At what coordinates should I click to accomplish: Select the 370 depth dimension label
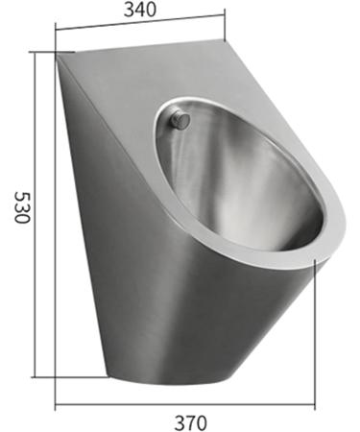188,420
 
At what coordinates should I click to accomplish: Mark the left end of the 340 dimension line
56,48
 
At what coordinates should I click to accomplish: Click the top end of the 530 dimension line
36,53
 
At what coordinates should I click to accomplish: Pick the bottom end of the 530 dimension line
36,377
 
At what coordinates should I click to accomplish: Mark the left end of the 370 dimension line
56,403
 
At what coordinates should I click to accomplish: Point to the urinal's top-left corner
59,56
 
